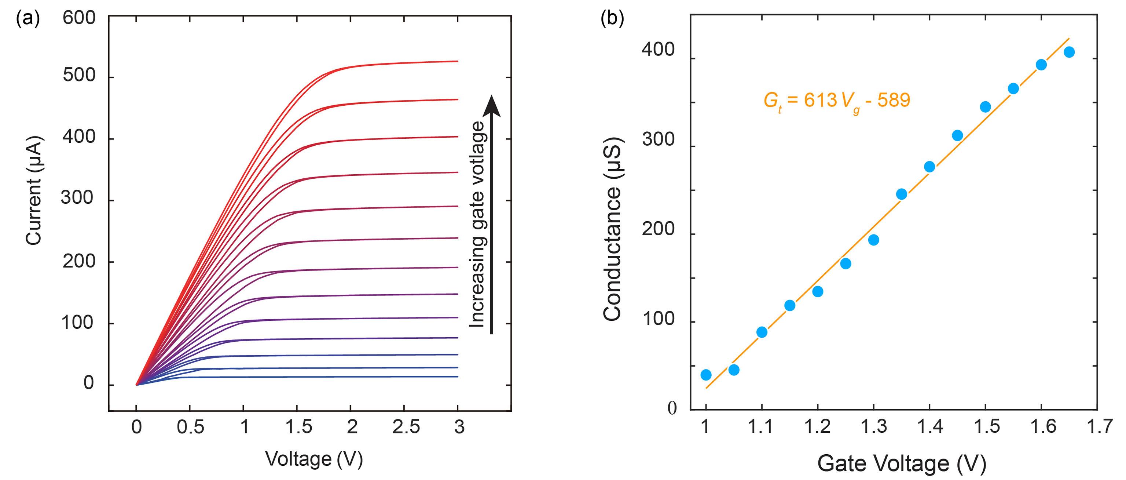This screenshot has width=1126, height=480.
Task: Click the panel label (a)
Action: coord(27,19)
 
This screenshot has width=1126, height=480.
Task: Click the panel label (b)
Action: coord(612,19)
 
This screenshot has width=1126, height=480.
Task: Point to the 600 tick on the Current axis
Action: coord(79,18)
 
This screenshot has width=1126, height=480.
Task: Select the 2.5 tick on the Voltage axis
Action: coord(406,427)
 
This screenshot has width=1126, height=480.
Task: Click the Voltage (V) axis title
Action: coord(314,459)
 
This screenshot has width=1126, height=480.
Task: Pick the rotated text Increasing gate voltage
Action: coord(477,224)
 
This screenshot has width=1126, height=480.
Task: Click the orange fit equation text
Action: coord(837,101)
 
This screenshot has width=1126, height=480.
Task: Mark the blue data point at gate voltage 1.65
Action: coord(1069,52)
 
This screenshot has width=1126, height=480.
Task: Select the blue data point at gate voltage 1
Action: coord(706,375)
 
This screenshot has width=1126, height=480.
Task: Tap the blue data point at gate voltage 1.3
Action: coord(873,240)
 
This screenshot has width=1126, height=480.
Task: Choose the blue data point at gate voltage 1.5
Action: coord(985,107)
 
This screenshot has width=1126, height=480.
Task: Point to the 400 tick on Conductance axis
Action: coord(658,50)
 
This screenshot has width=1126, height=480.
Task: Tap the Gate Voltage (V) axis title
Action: coord(901,463)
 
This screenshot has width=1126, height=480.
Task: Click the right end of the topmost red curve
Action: coord(457,61)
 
